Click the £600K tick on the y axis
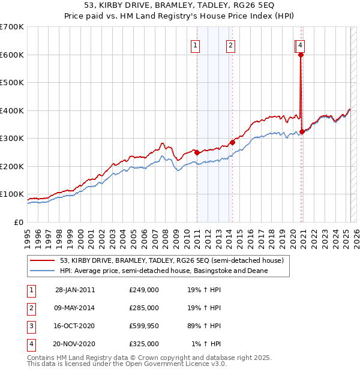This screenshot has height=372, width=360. (x=12, y=55)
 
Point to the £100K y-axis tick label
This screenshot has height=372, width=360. (x=12, y=194)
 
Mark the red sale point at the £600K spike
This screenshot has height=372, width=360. (x=301, y=55)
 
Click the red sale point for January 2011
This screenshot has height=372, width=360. (x=197, y=152)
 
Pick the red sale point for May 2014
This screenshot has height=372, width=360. (x=232, y=142)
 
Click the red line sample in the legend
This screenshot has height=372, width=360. (x=43, y=260)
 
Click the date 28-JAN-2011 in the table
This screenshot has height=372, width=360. (x=75, y=290)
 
